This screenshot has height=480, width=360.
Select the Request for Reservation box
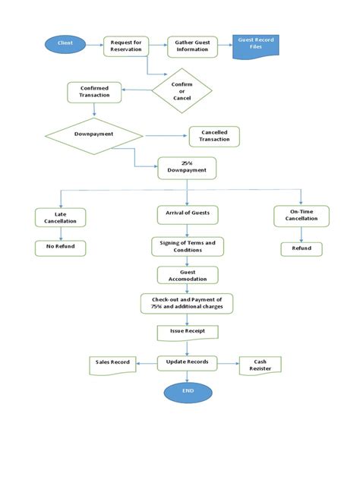125,46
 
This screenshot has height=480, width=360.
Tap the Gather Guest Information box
193,46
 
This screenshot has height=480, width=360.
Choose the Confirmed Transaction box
93,92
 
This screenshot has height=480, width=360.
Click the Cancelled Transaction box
213,136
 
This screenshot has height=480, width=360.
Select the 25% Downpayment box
187,168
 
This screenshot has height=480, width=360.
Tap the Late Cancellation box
61,218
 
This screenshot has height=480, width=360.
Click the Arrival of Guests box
187,215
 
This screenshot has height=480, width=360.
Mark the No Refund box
61,248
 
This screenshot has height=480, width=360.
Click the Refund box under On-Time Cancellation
301,248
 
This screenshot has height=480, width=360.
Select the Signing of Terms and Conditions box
187,246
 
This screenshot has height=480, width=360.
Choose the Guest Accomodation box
187,275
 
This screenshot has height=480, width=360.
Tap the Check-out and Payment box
187,304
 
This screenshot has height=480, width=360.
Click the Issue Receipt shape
187,333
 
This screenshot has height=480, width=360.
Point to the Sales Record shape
112,363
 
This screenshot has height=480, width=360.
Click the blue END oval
188,391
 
